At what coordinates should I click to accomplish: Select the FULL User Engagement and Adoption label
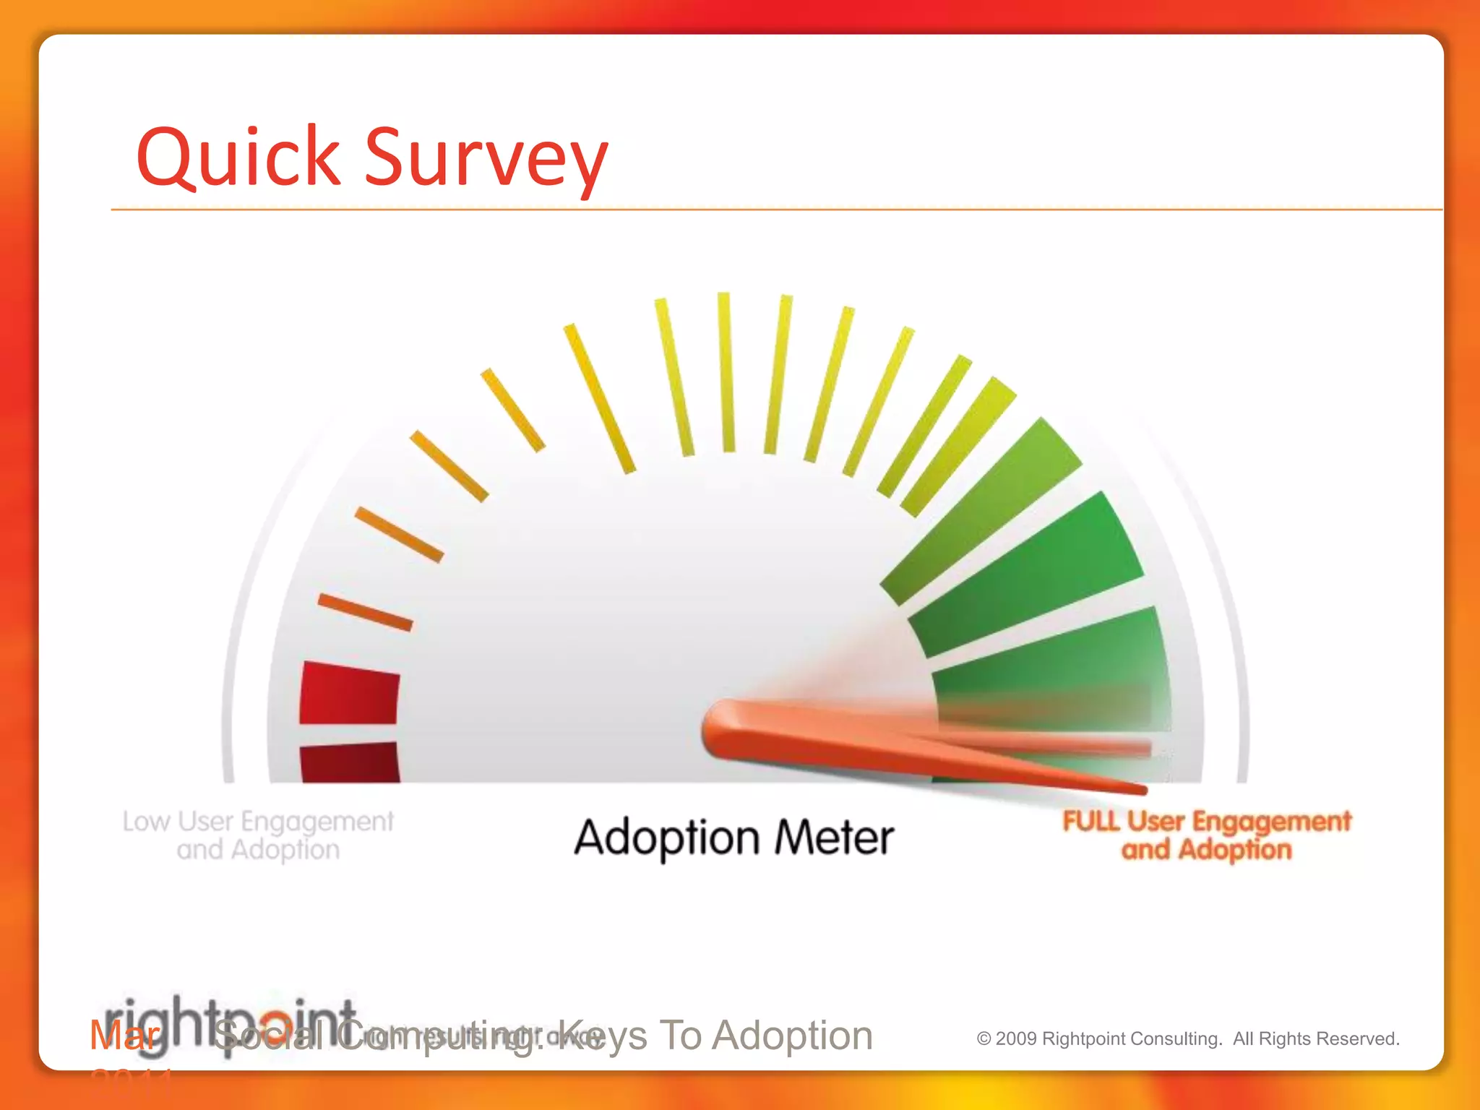pos(1206,835)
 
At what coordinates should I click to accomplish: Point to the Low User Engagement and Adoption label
pos(258,835)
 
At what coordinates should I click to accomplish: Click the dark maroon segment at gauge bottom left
pos(350,763)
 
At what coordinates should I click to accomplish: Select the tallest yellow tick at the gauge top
pos(726,372)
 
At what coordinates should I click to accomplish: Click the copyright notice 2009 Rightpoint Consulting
pos(1098,1039)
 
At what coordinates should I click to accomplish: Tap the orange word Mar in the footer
pos(124,1036)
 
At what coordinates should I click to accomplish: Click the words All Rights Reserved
pos(1316,1039)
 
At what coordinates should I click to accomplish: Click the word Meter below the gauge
pos(834,838)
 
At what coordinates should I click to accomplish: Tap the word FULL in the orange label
pos(1091,822)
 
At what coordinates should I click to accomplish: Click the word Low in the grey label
pos(146,822)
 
